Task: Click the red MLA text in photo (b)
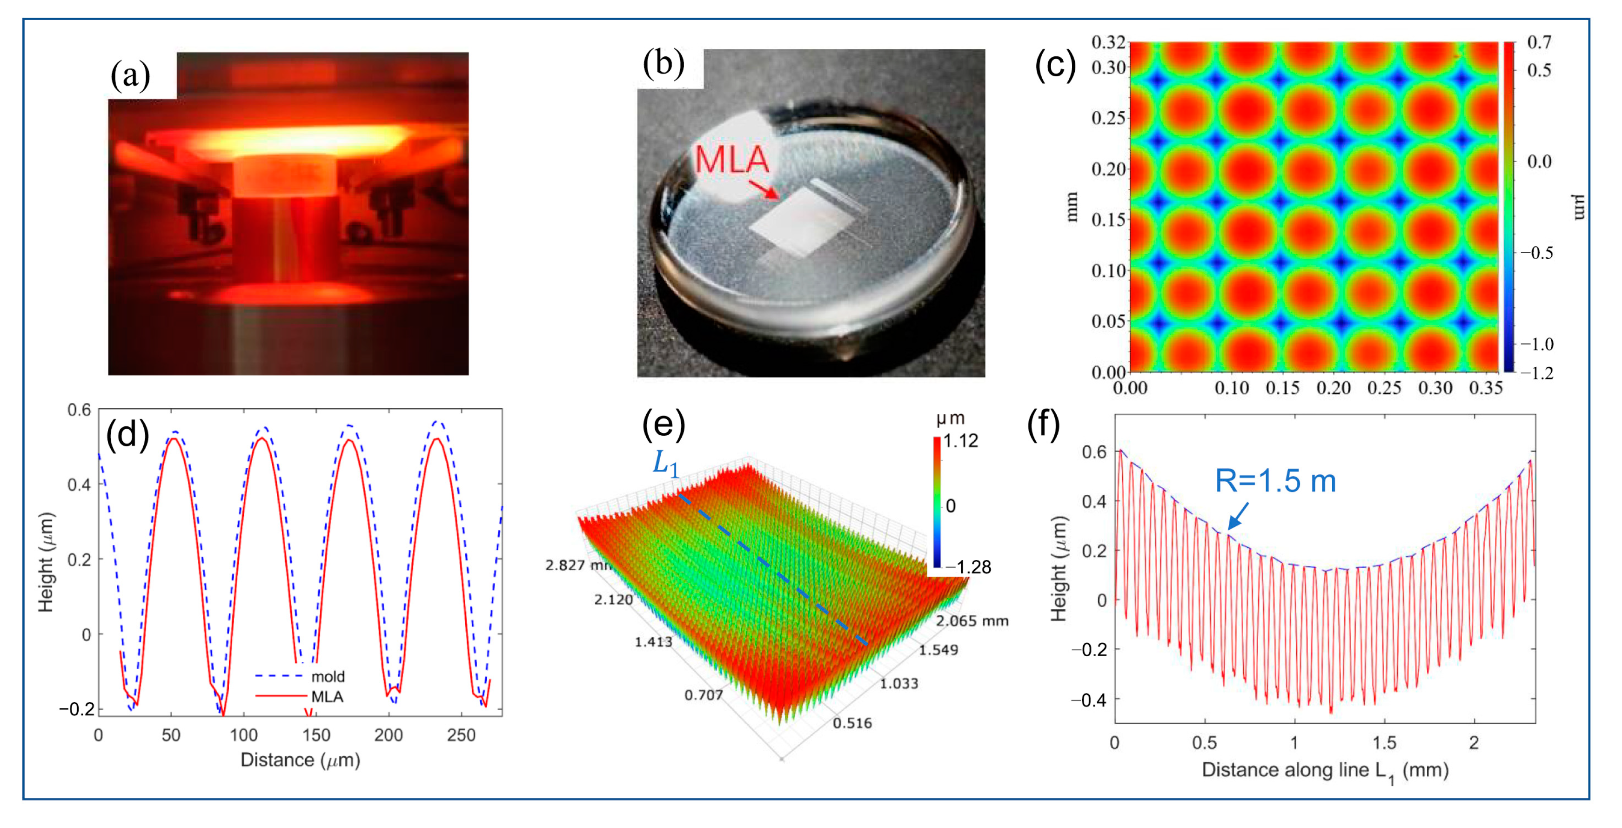(x=731, y=160)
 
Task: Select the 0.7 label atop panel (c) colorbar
(x=1539, y=42)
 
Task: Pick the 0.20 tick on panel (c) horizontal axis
(x=1333, y=388)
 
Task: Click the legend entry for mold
(x=328, y=676)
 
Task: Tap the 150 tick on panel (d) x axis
(x=316, y=735)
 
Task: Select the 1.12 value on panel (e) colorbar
(x=960, y=441)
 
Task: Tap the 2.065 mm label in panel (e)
(x=972, y=621)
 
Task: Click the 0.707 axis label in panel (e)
(x=704, y=695)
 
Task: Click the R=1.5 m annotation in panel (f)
(x=1275, y=481)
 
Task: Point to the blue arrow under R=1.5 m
(x=1239, y=515)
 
